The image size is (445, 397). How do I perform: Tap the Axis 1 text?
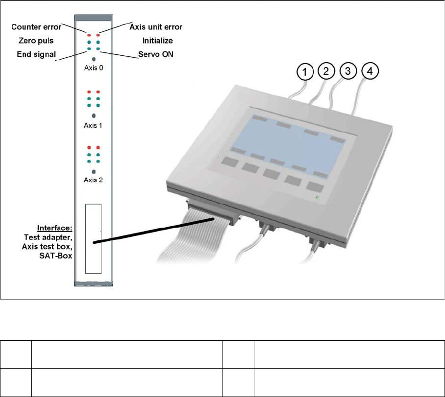tap(94, 125)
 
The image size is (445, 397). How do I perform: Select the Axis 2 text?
tap(94, 180)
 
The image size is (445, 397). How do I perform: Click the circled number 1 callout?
tap(305, 72)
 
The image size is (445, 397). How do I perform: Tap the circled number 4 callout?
tap(370, 72)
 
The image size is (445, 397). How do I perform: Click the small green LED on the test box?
tap(317, 197)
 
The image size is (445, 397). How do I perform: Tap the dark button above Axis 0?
tap(94, 59)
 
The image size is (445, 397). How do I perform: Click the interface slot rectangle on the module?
tap(93, 238)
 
